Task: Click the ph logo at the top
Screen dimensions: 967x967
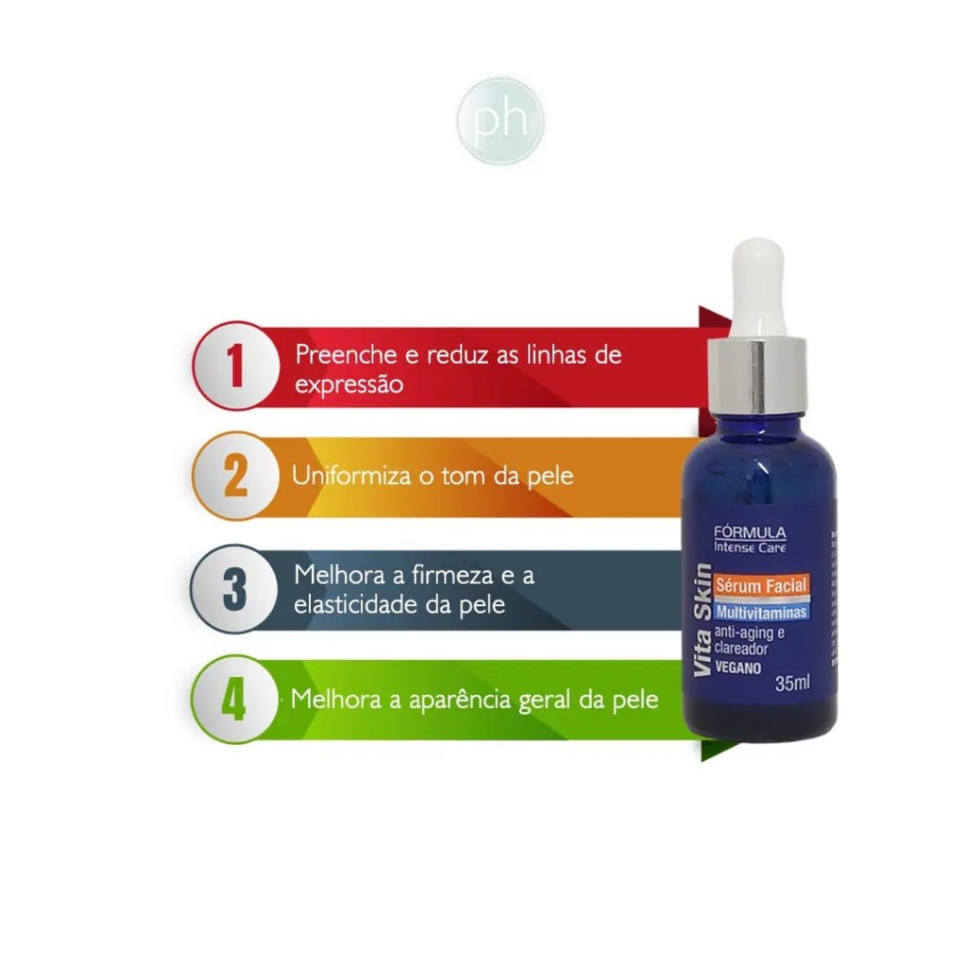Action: pos(500,120)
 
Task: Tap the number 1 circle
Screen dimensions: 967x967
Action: pos(236,365)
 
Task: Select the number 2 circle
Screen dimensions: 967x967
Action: pos(236,476)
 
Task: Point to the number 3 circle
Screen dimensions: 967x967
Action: pos(235,588)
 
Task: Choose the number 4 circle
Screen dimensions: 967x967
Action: pos(235,700)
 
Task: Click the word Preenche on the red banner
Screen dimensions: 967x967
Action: pos(346,355)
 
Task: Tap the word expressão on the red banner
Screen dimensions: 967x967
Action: pos(349,385)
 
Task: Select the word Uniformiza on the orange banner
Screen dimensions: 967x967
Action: pos(351,476)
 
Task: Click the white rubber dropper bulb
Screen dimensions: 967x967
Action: pos(758,289)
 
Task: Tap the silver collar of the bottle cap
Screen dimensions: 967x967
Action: pos(756,375)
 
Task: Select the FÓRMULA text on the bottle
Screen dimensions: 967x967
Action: pos(750,533)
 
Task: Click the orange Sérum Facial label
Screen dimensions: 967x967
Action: pos(761,585)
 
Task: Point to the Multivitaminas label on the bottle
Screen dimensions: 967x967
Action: pos(761,612)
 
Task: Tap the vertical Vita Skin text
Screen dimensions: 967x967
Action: pos(703,619)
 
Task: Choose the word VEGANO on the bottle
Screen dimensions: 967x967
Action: pos(738,668)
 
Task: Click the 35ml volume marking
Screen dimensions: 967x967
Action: pos(792,684)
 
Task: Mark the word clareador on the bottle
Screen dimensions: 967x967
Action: pos(741,649)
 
